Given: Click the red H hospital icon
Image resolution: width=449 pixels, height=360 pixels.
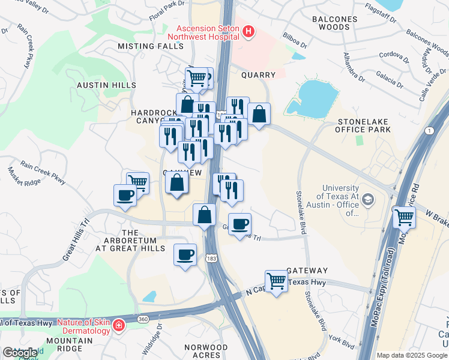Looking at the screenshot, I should [249, 31].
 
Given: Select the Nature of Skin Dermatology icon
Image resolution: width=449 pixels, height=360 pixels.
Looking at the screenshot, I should [119, 325].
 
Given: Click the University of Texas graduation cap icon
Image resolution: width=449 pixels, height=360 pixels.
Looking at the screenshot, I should [368, 199].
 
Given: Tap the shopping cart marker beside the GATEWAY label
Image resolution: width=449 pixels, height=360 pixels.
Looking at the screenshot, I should [276, 280].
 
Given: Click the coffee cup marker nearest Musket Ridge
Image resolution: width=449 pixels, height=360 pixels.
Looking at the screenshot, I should [125, 195].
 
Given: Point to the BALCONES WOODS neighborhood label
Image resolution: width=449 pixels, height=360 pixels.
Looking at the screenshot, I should [334, 23].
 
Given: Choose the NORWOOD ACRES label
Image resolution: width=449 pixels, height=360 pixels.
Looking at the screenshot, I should [206, 351].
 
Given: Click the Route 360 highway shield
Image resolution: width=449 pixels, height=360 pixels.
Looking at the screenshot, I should [143, 319].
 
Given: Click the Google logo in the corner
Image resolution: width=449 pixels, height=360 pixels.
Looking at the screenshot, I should [20, 352].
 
